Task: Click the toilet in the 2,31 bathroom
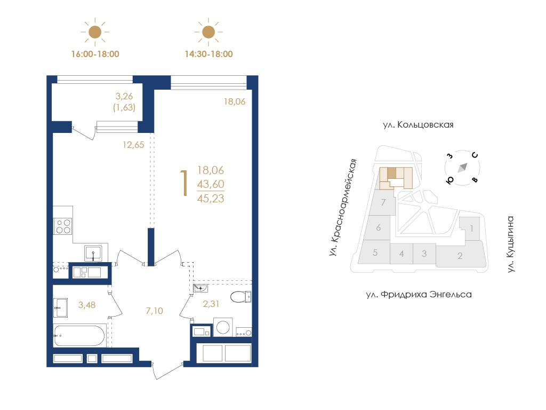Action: pyautogui.click(x=241, y=297)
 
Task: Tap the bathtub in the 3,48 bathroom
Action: pyautogui.click(x=79, y=336)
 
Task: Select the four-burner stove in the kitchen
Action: pyautogui.click(x=63, y=226)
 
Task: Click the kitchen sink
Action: pyautogui.click(x=93, y=253)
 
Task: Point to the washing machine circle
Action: pyautogui.click(x=223, y=327)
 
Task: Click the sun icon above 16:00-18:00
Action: pyautogui.click(x=95, y=32)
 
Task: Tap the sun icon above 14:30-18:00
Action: pyautogui.click(x=208, y=32)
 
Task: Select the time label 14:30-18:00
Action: pyautogui.click(x=208, y=54)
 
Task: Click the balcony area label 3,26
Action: pyautogui.click(x=124, y=96)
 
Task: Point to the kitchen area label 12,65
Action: pyautogui.click(x=133, y=145)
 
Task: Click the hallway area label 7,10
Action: pyautogui.click(x=155, y=311)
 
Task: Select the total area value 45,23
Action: pyautogui.click(x=211, y=199)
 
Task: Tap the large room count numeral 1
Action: pyautogui.click(x=184, y=183)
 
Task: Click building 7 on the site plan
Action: pyautogui.click(x=383, y=202)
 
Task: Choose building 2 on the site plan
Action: pyautogui.click(x=460, y=256)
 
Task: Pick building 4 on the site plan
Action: pyautogui.click(x=402, y=254)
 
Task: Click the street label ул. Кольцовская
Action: pyautogui.click(x=418, y=125)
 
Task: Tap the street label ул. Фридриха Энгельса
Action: pyautogui.click(x=419, y=295)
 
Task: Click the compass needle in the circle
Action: pyautogui.click(x=462, y=168)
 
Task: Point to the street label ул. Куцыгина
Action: pyautogui.click(x=510, y=244)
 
